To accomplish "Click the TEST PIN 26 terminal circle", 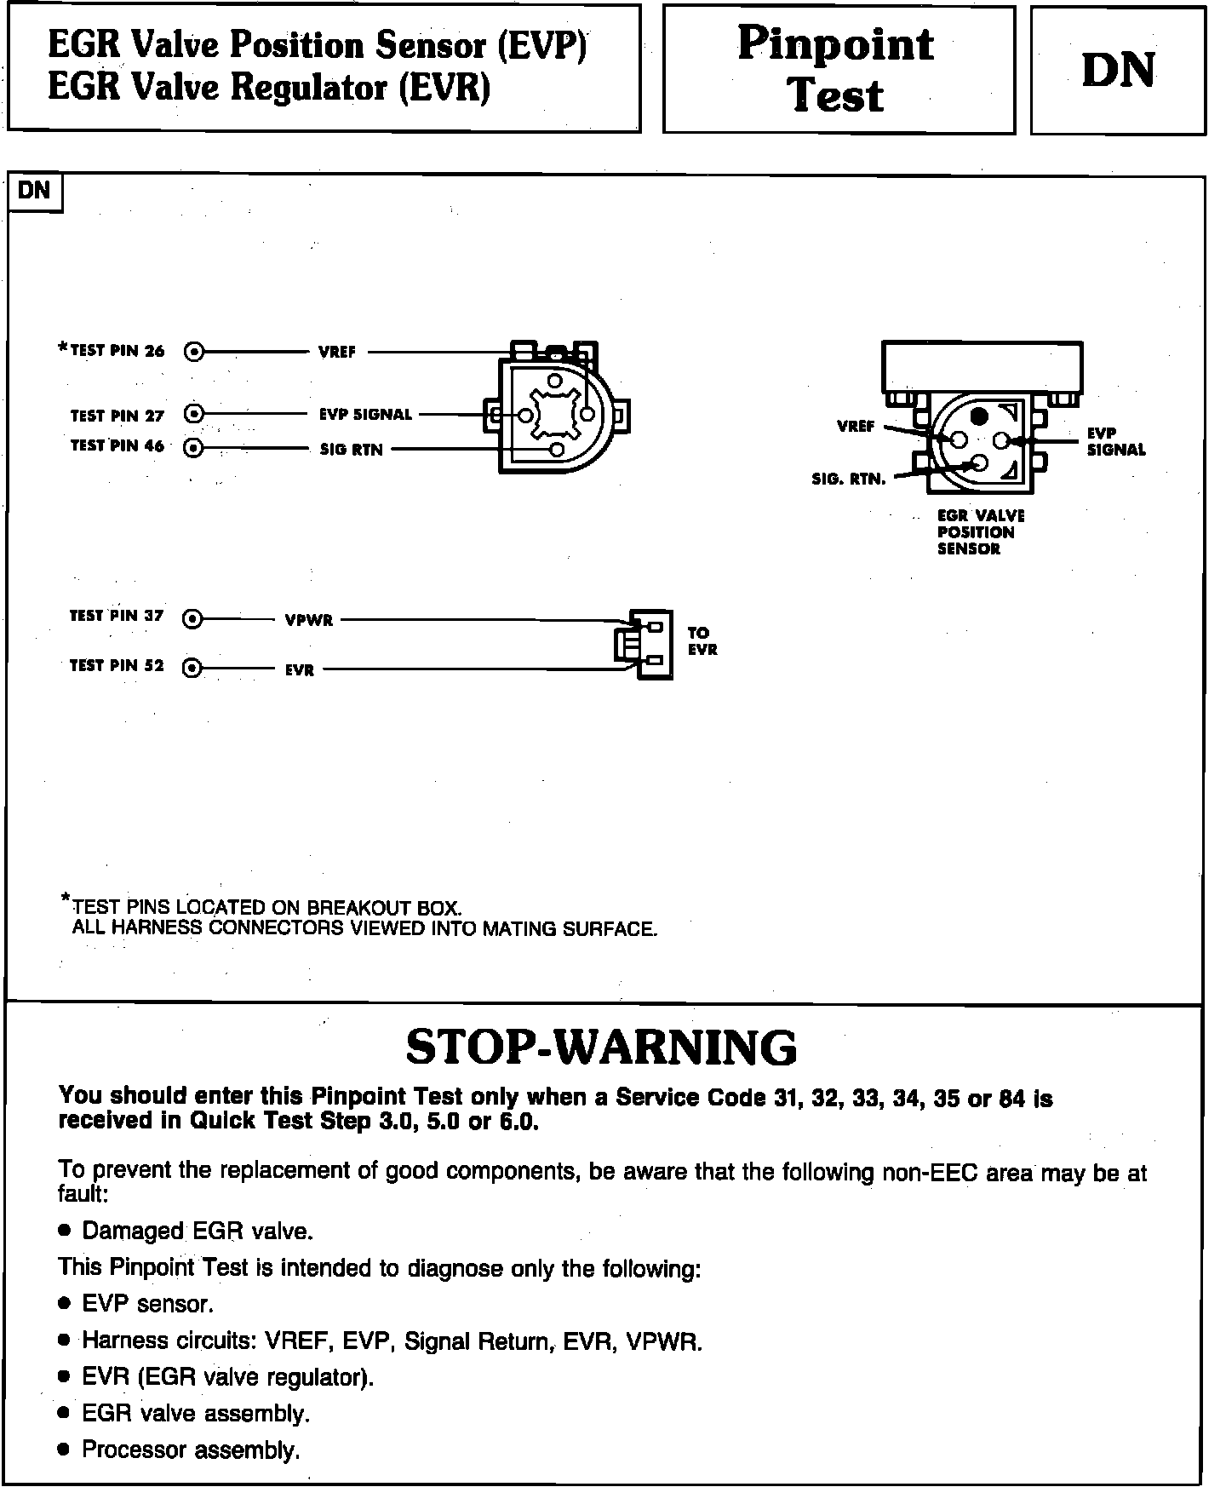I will tap(194, 351).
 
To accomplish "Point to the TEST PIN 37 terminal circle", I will tap(193, 619).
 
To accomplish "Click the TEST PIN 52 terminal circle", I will tap(193, 668).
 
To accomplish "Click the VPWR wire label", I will tap(308, 621).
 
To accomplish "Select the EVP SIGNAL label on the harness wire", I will tap(365, 415).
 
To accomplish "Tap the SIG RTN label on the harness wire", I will tap(351, 450).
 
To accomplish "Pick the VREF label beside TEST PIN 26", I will tap(337, 352).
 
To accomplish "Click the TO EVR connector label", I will tap(702, 641).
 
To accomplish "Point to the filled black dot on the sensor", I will tap(980, 416).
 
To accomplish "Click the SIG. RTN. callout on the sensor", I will tap(849, 479).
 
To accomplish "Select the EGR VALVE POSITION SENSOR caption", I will tap(980, 532).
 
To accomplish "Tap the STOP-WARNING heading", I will tap(601, 1047).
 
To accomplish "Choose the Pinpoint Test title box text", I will tap(836, 69).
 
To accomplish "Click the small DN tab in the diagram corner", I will tap(34, 191).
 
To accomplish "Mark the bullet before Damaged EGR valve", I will tap(64, 1232).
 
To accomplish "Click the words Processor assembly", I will tap(191, 1450).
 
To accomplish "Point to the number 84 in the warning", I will tap(1012, 1099).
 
